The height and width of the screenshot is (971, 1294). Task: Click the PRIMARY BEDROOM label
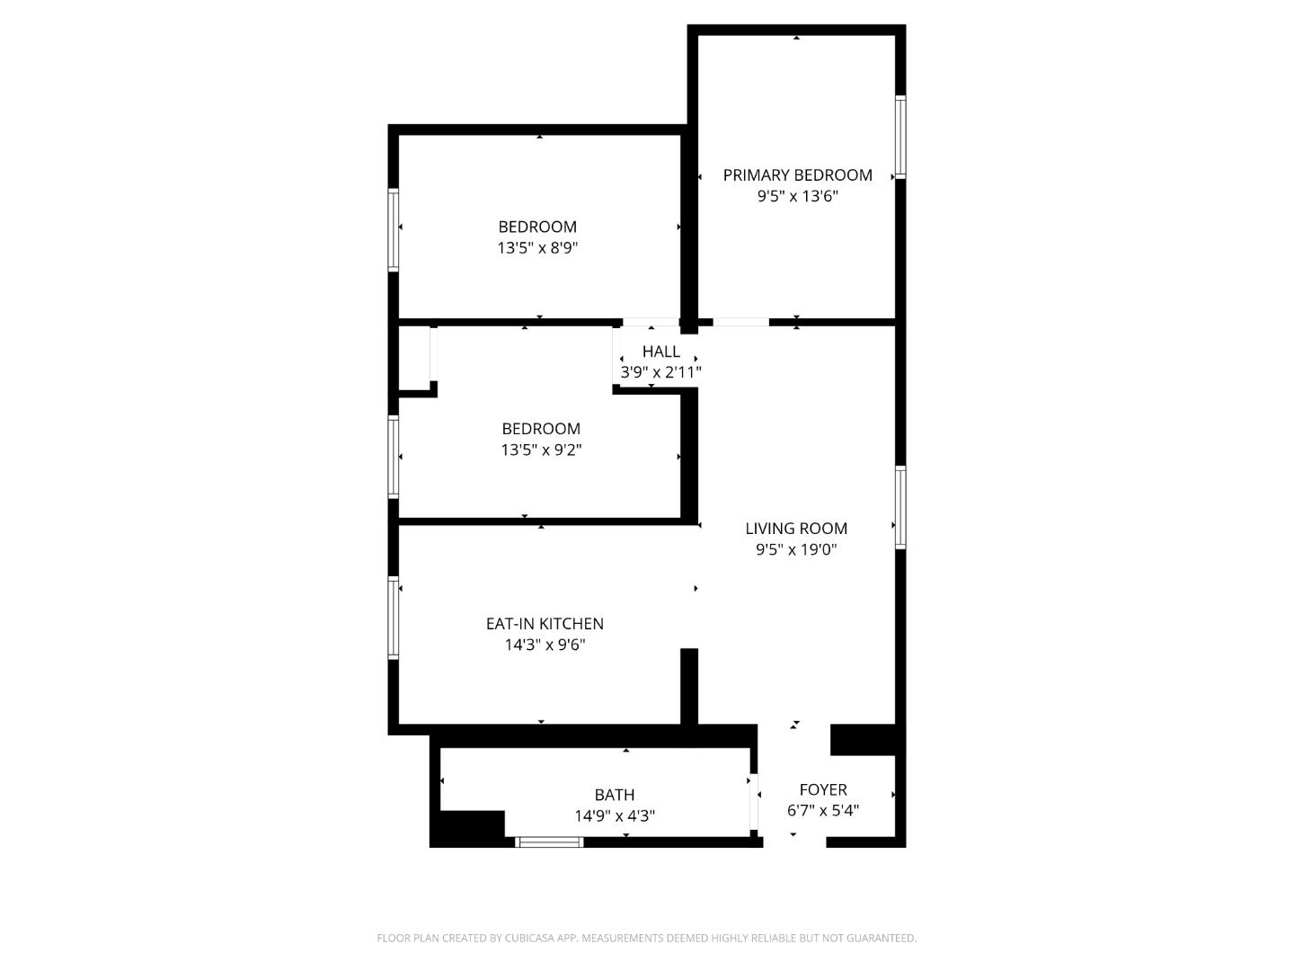tap(797, 175)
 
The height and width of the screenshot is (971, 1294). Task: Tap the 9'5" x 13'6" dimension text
tap(797, 197)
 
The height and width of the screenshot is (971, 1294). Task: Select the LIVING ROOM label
tap(796, 529)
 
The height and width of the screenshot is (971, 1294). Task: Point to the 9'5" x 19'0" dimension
tap(796, 550)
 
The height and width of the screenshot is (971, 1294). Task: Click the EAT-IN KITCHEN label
tap(545, 624)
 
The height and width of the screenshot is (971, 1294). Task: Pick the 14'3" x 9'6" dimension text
tap(545, 645)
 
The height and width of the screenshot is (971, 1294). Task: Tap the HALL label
tap(660, 352)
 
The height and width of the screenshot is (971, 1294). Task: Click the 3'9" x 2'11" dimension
tap(660, 372)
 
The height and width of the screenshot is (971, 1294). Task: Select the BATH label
tap(615, 795)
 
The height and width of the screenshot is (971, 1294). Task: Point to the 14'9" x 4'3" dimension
tap(615, 816)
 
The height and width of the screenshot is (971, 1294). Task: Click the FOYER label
tap(823, 789)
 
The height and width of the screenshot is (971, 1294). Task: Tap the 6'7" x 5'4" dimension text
tap(823, 810)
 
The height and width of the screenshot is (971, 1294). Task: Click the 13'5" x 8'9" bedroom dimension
tap(537, 248)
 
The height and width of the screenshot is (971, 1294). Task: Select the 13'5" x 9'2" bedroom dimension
tap(541, 450)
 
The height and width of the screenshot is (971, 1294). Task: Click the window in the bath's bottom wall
tap(550, 842)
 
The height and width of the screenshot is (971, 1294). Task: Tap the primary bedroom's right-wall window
tap(900, 137)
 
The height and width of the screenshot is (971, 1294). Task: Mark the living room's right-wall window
tap(900, 507)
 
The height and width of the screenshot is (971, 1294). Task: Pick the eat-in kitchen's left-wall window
tap(393, 618)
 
